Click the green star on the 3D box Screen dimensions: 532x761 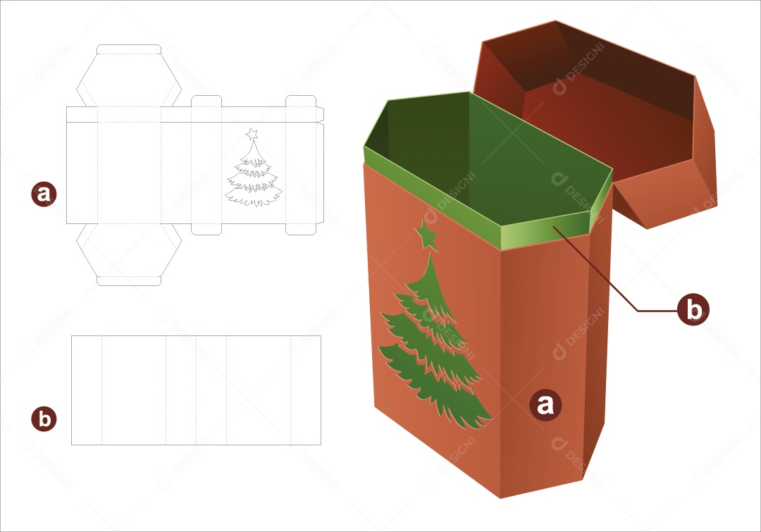tap(426, 235)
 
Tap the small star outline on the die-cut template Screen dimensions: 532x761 tap(252, 133)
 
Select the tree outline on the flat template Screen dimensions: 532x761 tap(253, 176)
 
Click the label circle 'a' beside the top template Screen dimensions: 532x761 tap(44, 193)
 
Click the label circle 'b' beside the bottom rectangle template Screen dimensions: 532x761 tap(44, 419)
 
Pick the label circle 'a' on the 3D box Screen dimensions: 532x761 tap(545, 405)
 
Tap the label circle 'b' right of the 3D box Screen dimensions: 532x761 tap(693, 309)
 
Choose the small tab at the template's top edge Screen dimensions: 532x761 tap(129, 49)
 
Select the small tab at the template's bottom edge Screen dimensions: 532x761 tap(129, 280)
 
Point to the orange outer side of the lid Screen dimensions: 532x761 tap(676, 190)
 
